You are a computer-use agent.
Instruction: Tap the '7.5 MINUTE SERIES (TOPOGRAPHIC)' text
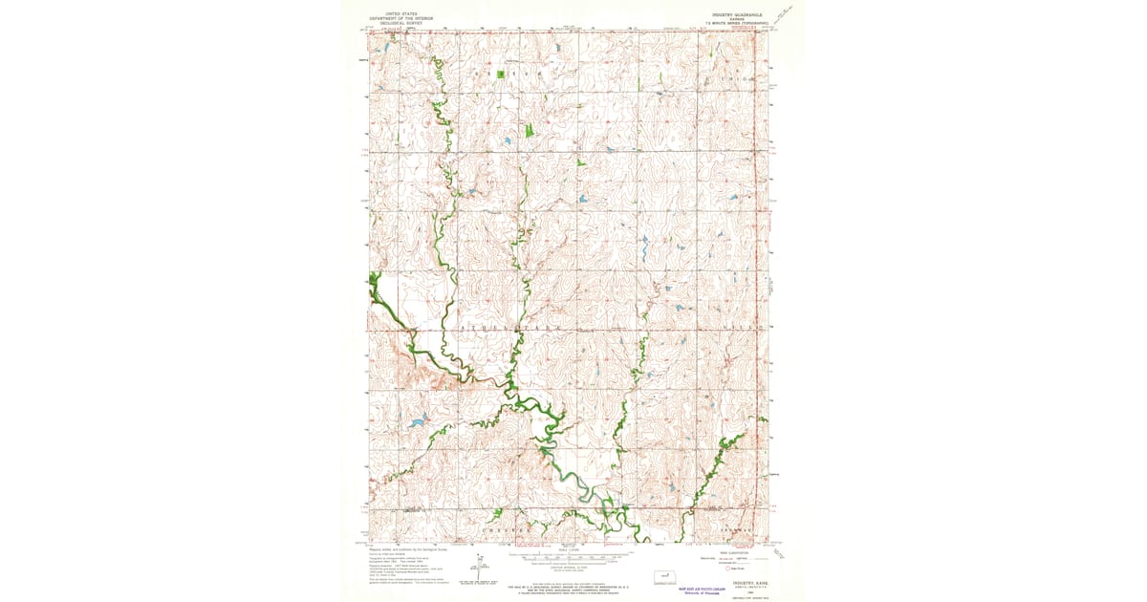pos(739,23)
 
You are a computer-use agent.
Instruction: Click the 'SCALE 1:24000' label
pos(569,549)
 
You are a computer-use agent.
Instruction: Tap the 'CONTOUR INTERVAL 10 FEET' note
pos(569,567)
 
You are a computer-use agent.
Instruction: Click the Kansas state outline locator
pos(661,577)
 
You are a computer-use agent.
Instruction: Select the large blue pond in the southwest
pos(416,421)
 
